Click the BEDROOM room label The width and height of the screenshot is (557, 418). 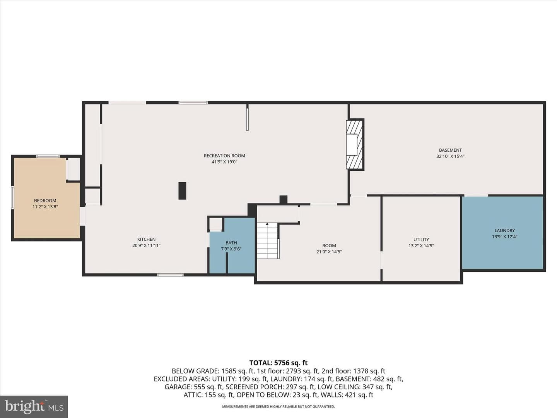(45, 200)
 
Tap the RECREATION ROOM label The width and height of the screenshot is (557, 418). (224, 156)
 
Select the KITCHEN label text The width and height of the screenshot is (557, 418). (147, 239)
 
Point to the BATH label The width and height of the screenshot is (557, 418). (231, 243)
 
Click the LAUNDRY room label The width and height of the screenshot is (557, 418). (504, 230)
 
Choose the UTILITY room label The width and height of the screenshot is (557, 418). (421, 239)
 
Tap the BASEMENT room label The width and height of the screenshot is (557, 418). (450, 150)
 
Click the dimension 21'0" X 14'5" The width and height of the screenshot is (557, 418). (329, 252)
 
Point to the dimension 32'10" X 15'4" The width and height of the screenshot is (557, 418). (450, 156)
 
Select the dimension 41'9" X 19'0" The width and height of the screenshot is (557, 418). (224, 162)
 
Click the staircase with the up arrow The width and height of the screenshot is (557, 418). (268, 241)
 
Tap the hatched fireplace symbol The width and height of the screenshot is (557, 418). (355, 144)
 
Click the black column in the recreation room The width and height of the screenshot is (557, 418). (182, 190)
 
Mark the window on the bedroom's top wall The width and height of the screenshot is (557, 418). (48, 156)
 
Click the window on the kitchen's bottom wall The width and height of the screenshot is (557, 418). (170, 275)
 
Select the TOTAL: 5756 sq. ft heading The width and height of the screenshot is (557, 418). (278, 363)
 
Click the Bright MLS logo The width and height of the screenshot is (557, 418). (34, 407)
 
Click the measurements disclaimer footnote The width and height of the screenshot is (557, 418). (278, 406)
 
